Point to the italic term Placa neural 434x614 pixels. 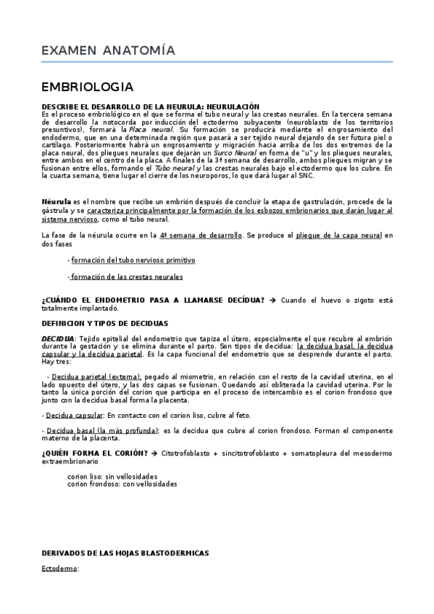click(x=151, y=129)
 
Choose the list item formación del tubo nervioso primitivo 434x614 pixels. click(x=133, y=259)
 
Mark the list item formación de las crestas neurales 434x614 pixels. click(x=127, y=277)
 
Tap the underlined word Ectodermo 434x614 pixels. click(x=60, y=569)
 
